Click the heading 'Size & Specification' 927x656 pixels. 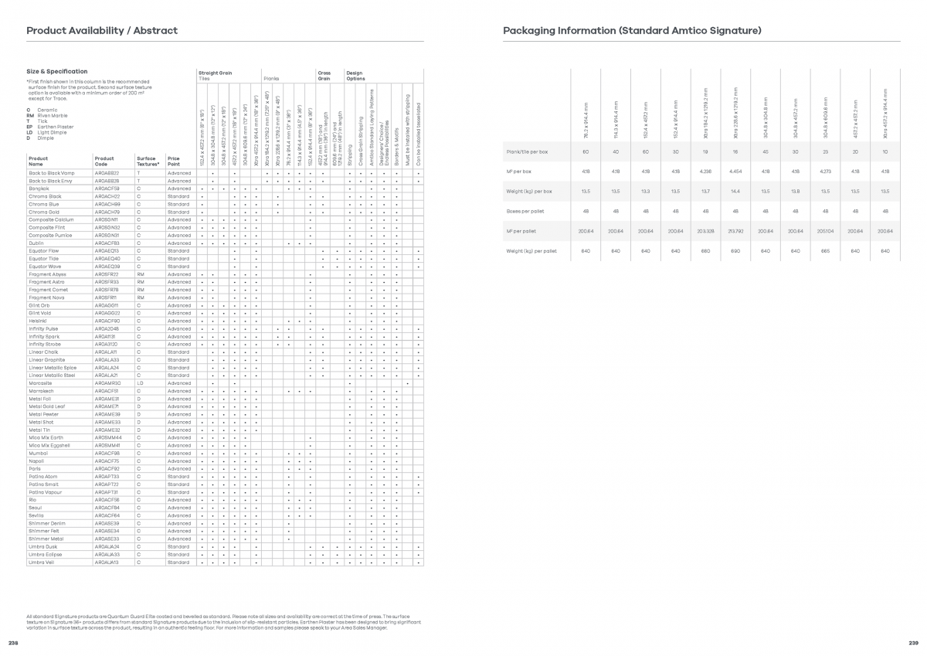(56, 72)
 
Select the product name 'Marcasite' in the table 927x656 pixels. (40, 383)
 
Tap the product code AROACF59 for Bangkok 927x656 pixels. (107, 189)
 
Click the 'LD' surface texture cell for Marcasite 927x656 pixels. (141, 383)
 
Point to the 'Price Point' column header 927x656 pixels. (174, 161)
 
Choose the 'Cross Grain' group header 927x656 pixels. (324, 75)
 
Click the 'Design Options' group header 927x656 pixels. (355, 75)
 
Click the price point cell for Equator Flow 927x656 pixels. (178, 251)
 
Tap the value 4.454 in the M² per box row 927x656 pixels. (735, 171)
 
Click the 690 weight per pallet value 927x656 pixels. (735, 251)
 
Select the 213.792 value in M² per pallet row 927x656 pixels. (735, 231)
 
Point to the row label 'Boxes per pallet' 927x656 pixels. (522, 211)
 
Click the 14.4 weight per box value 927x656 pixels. (735, 191)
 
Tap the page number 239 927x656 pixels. (913, 643)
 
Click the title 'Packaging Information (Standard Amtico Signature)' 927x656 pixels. (632, 31)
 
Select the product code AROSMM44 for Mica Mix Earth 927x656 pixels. (107, 438)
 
